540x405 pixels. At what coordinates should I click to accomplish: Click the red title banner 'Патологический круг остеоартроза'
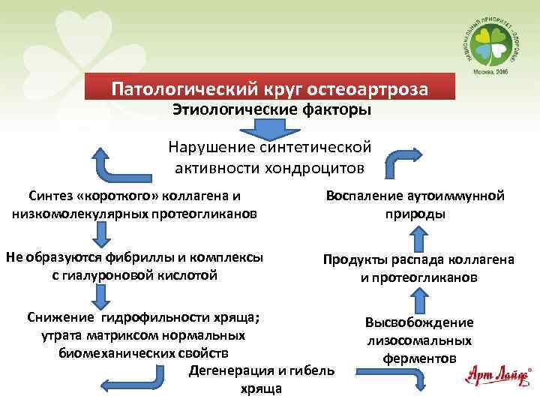click(x=270, y=88)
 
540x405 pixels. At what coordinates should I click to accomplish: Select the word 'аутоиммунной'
click(x=460, y=196)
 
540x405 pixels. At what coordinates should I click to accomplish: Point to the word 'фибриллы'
click(x=127, y=257)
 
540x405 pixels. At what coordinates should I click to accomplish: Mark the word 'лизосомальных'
click(x=419, y=340)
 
